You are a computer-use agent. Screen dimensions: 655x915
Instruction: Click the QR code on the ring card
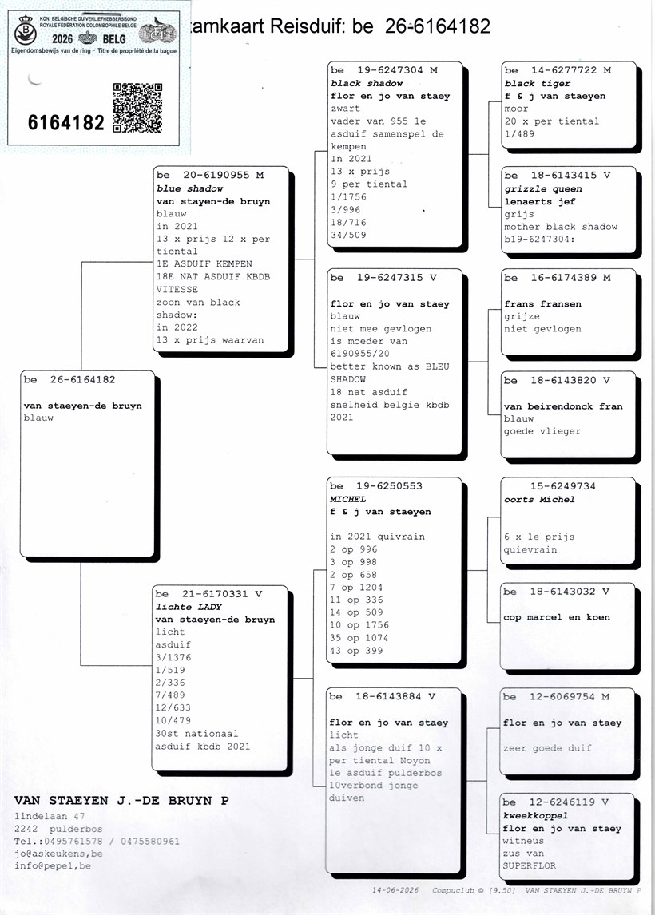[x=137, y=108]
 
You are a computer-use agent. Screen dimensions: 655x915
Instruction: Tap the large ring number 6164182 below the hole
[x=66, y=122]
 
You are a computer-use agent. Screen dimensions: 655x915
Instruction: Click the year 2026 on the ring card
[x=62, y=39]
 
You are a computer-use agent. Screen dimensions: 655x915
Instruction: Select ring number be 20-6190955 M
[x=210, y=175]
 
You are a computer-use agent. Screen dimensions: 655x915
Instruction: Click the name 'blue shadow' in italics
[x=190, y=188]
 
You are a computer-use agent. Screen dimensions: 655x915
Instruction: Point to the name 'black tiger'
[x=530, y=84]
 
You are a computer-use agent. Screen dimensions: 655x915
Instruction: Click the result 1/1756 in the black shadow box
[x=348, y=197]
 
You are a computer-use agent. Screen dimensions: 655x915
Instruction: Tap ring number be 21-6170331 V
[x=208, y=594]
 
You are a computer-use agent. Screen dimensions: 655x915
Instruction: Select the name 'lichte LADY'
[x=189, y=607]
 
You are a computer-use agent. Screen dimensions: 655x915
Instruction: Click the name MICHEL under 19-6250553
[x=348, y=500]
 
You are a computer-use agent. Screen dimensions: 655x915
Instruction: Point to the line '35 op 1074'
[x=359, y=638]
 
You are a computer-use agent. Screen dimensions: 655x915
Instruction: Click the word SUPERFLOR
[x=530, y=866]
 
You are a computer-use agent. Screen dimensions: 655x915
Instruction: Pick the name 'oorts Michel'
[x=539, y=500]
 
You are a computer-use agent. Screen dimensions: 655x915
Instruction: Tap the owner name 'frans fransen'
[x=543, y=304]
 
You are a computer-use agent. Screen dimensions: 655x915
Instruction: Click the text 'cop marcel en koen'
[x=557, y=617]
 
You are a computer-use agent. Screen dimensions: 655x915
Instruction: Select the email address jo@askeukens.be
[x=58, y=854]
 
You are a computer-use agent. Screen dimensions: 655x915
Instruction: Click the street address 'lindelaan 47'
[x=50, y=816]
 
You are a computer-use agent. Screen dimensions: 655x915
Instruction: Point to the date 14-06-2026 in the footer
[x=395, y=890]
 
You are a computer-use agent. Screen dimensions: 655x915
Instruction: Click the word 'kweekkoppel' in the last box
[x=535, y=816]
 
